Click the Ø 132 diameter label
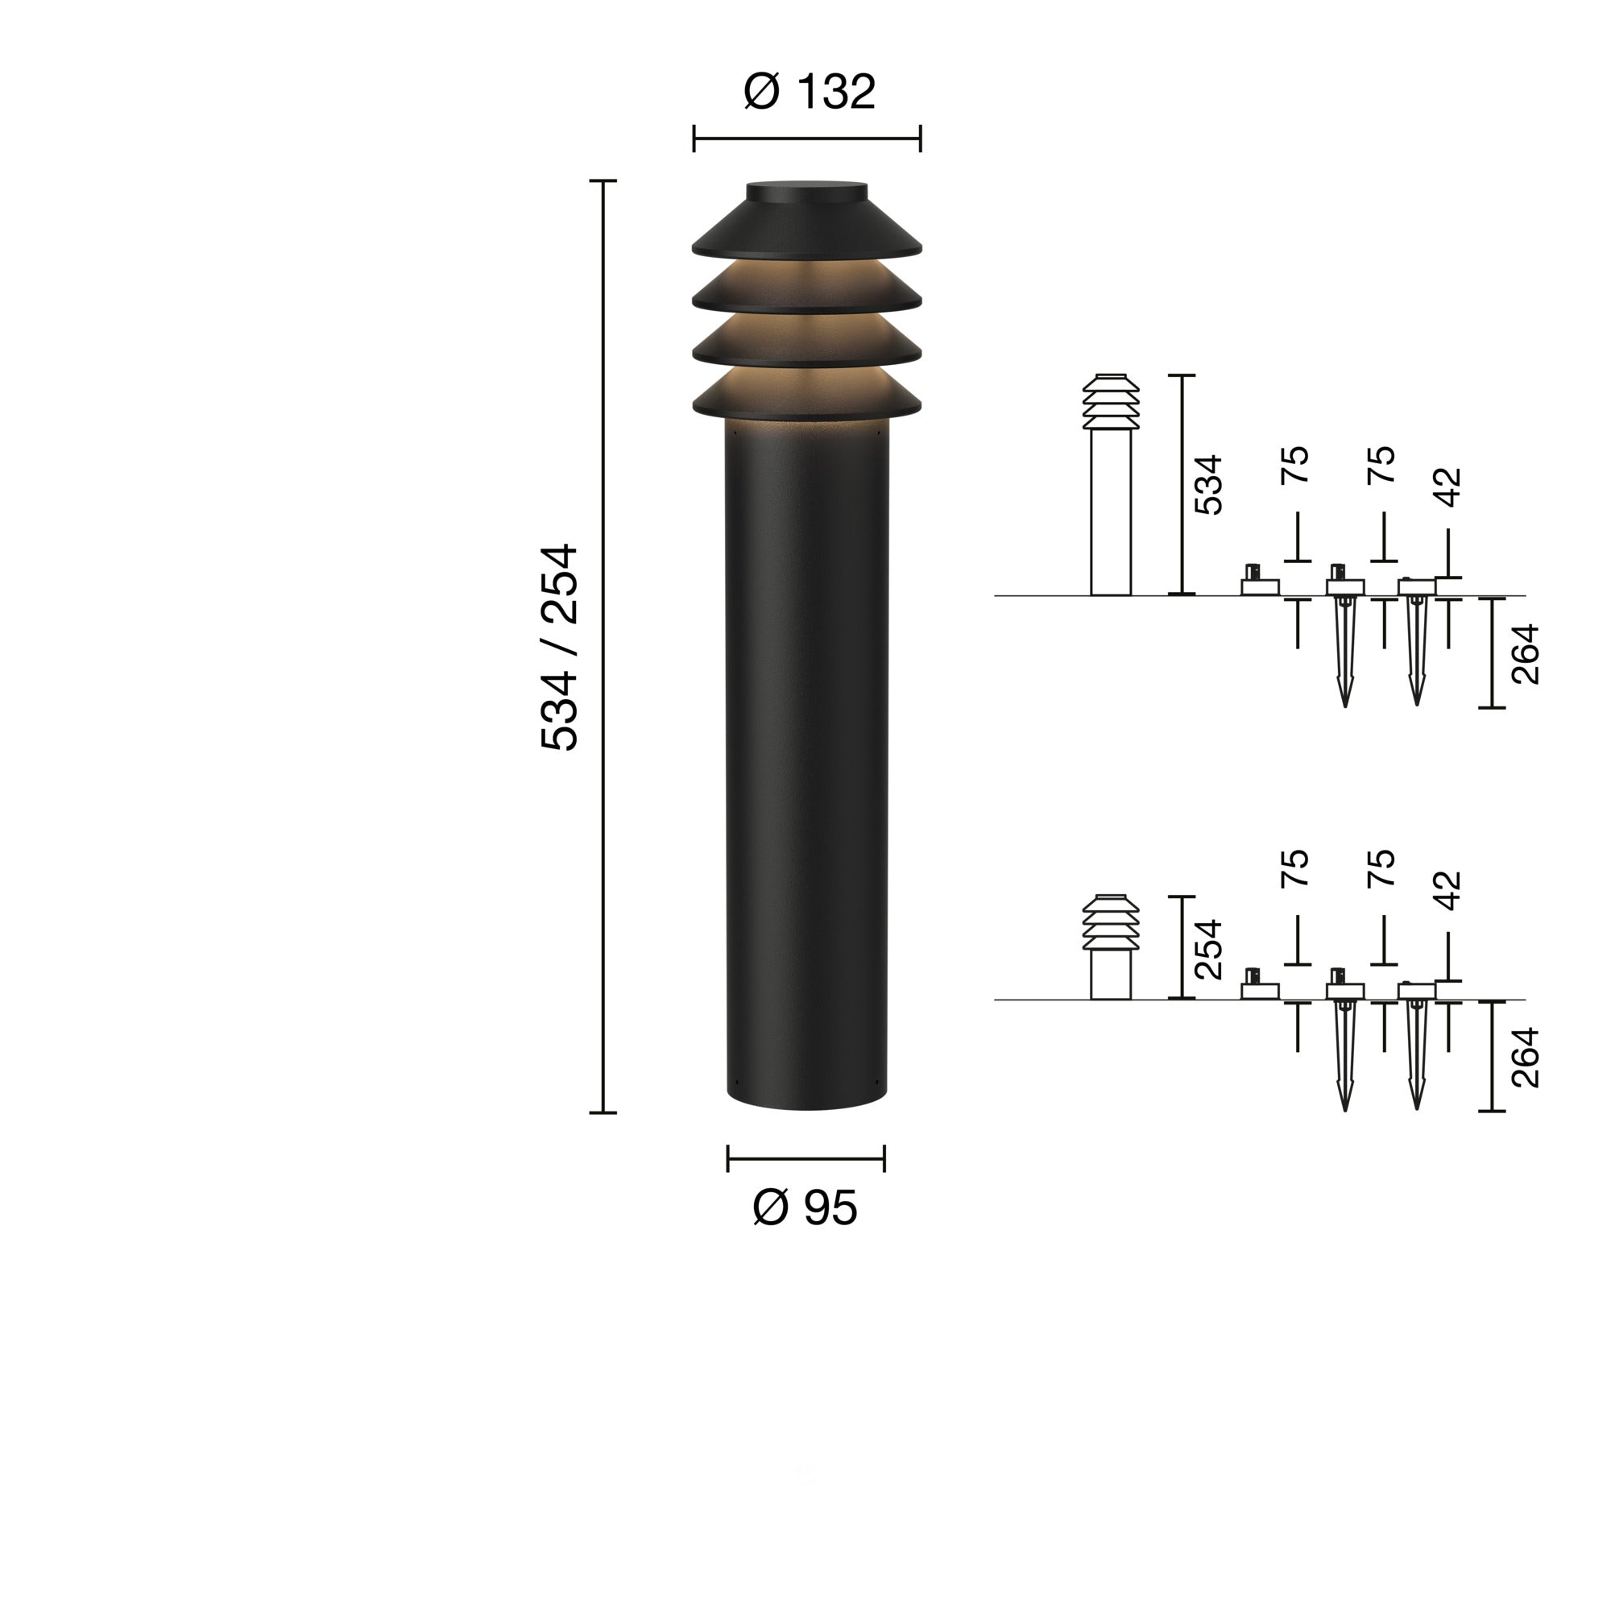click(808, 92)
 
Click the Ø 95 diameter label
click(805, 1207)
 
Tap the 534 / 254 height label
click(560, 647)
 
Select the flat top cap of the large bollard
click(806, 192)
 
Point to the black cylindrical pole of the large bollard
click(806, 751)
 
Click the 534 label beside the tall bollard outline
click(1208, 484)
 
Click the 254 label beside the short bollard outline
click(1208, 949)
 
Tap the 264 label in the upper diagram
click(1525, 654)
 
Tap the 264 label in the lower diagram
click(1525, 1058)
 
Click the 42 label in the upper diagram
click(1450, 487)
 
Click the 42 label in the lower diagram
click(1450, 891)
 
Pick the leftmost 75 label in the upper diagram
click(1295, 465)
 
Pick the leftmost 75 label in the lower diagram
click(1295, 868)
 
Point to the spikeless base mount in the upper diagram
click(1259, 584)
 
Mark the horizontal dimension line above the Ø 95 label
click(805, 1158)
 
